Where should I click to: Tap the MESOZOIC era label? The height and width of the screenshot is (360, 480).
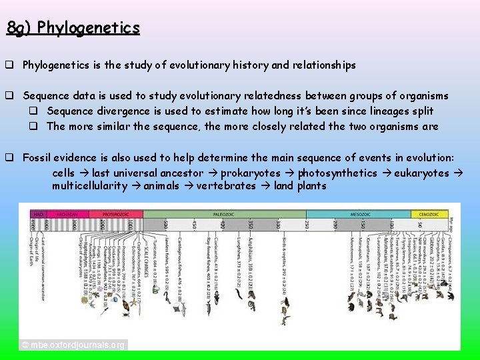(x=360, y=215)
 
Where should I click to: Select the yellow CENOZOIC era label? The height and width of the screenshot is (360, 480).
(x=429, y=215)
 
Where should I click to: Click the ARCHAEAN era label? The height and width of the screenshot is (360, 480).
(x=65, y=215)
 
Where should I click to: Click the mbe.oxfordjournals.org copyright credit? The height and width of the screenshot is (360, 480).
(x=73, y=345)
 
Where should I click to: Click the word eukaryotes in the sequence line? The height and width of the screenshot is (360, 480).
(x=421, y=173)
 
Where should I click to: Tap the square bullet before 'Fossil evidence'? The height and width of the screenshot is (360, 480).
(x=11, y=158)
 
